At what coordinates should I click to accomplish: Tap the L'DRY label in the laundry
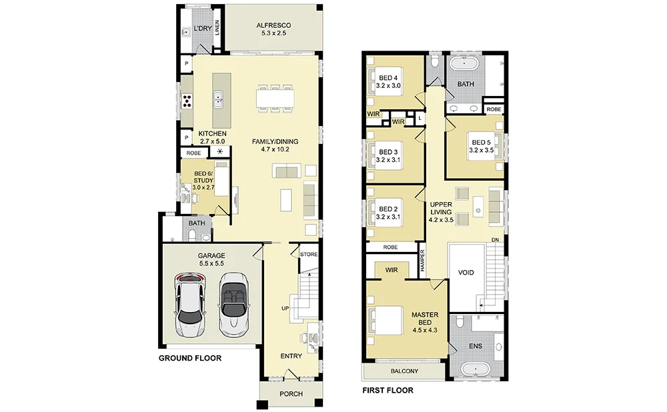click(x=203, y=29)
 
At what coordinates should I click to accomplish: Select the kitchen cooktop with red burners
click(x=187, y=101)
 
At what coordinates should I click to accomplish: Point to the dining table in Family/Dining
click(x=275, y=99)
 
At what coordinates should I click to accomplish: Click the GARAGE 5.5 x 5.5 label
click(x=211, y=259)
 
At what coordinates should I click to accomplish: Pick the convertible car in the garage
click(x=233, y=303)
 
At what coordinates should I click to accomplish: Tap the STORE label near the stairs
click(x=309, y=254)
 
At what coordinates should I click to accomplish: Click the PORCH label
click(x=291, y=394)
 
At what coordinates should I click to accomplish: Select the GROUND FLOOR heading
click(x=190, y=358)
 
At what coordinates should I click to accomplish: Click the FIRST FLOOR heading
click(x=388, y=390)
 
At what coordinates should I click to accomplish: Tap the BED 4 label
click(x=388, y=81)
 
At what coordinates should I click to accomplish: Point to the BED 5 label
click(x=481, y=146)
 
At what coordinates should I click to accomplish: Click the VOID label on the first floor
click(x=466, y=273)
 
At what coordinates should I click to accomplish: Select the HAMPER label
click(x=422, y=260)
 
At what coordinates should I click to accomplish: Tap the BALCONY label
click(x=404, y=371)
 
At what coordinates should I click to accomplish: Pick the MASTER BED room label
click(x=424, y=322)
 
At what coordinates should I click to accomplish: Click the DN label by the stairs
click(x=495, y=240)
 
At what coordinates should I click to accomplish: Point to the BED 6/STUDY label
click(x=203, y=180)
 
